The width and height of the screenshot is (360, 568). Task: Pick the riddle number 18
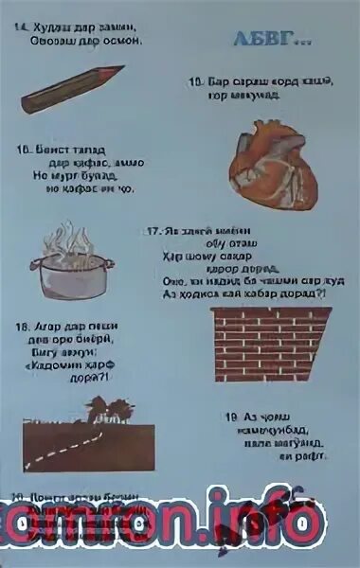[20, 327]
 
